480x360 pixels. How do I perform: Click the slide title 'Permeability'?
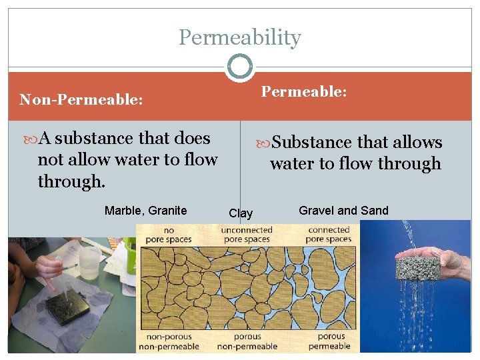point(240,37)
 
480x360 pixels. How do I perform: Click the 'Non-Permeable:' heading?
point(81,100)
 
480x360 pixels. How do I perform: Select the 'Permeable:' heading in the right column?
point(304,91)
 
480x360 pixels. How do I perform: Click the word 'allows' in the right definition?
point(413,143)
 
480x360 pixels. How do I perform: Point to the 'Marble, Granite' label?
point(145,211)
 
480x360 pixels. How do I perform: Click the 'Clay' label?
point(241,213)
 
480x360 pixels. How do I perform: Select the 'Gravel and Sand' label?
point(343,211)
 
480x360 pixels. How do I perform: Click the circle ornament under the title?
point(240,67)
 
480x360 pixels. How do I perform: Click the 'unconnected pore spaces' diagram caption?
point(247,234)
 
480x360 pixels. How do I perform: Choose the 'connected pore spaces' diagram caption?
point(329,234)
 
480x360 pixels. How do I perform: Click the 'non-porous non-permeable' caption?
point(169,341)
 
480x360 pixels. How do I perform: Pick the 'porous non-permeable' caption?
point(247,341)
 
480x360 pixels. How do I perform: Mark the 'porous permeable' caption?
point(329,341)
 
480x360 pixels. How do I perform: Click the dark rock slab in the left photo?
point(67,306)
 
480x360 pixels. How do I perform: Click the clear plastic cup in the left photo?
point(89,261)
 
